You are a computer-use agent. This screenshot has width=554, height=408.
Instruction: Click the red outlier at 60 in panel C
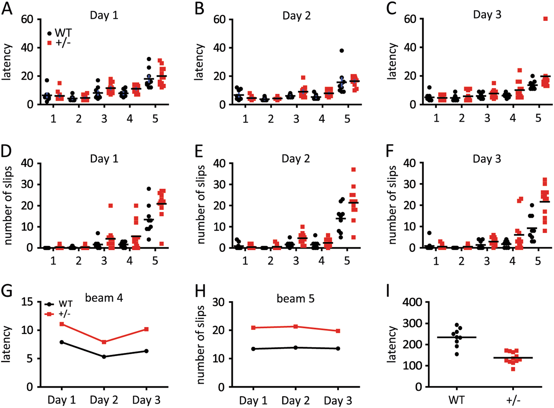[545, 19]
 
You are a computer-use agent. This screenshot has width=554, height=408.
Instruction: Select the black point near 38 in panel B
[341, 51]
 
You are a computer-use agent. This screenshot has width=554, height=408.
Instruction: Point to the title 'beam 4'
[104, 298]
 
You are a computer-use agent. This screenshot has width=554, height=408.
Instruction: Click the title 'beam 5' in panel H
[296, 298]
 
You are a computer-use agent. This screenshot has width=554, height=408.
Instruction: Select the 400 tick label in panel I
[412, 302]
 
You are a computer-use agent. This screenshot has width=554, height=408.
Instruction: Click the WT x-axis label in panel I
[456, 400]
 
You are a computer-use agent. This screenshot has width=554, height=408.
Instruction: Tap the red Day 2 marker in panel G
[104, 342]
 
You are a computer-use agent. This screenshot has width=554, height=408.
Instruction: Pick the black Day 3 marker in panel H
[338, 348]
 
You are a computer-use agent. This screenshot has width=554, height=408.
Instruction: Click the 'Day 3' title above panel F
[487, 159]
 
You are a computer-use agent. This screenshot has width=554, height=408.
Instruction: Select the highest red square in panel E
[353, 169]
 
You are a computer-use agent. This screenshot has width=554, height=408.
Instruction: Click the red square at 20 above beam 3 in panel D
[110, 205]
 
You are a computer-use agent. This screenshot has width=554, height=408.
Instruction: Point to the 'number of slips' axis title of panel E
[201, 205]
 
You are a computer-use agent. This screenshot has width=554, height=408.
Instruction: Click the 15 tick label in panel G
[27, 302]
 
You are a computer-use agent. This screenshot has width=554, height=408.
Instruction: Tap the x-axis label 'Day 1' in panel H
[253, 400]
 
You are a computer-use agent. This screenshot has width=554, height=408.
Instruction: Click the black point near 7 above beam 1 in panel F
[429, 233]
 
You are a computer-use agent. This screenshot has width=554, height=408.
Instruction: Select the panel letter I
[388, 291]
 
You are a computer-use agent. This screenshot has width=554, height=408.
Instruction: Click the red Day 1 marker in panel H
[253, 327]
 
